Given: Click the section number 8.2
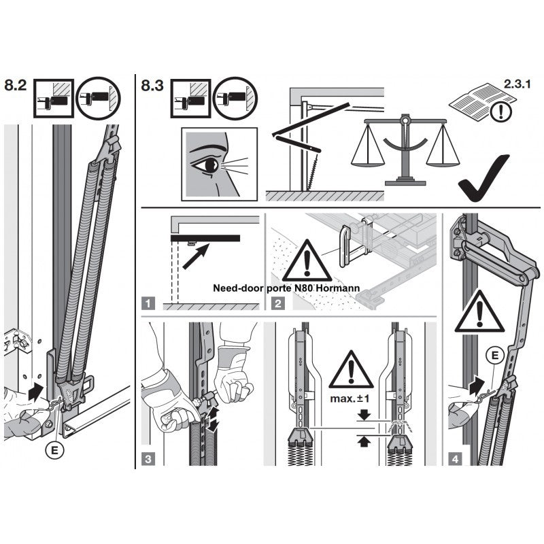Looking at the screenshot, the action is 15,85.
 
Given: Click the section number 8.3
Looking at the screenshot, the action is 152,86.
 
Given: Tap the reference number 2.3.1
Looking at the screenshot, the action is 517,84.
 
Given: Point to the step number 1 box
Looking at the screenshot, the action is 148,303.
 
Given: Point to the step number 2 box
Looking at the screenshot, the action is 278,303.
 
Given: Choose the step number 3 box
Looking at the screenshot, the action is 148,459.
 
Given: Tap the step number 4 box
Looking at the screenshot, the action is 455,459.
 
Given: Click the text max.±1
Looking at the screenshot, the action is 350,398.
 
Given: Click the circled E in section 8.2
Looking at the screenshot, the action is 54,450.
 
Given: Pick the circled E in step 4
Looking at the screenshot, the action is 495,355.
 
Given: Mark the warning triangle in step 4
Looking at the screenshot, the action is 479,313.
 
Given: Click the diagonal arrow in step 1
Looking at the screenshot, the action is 195,256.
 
